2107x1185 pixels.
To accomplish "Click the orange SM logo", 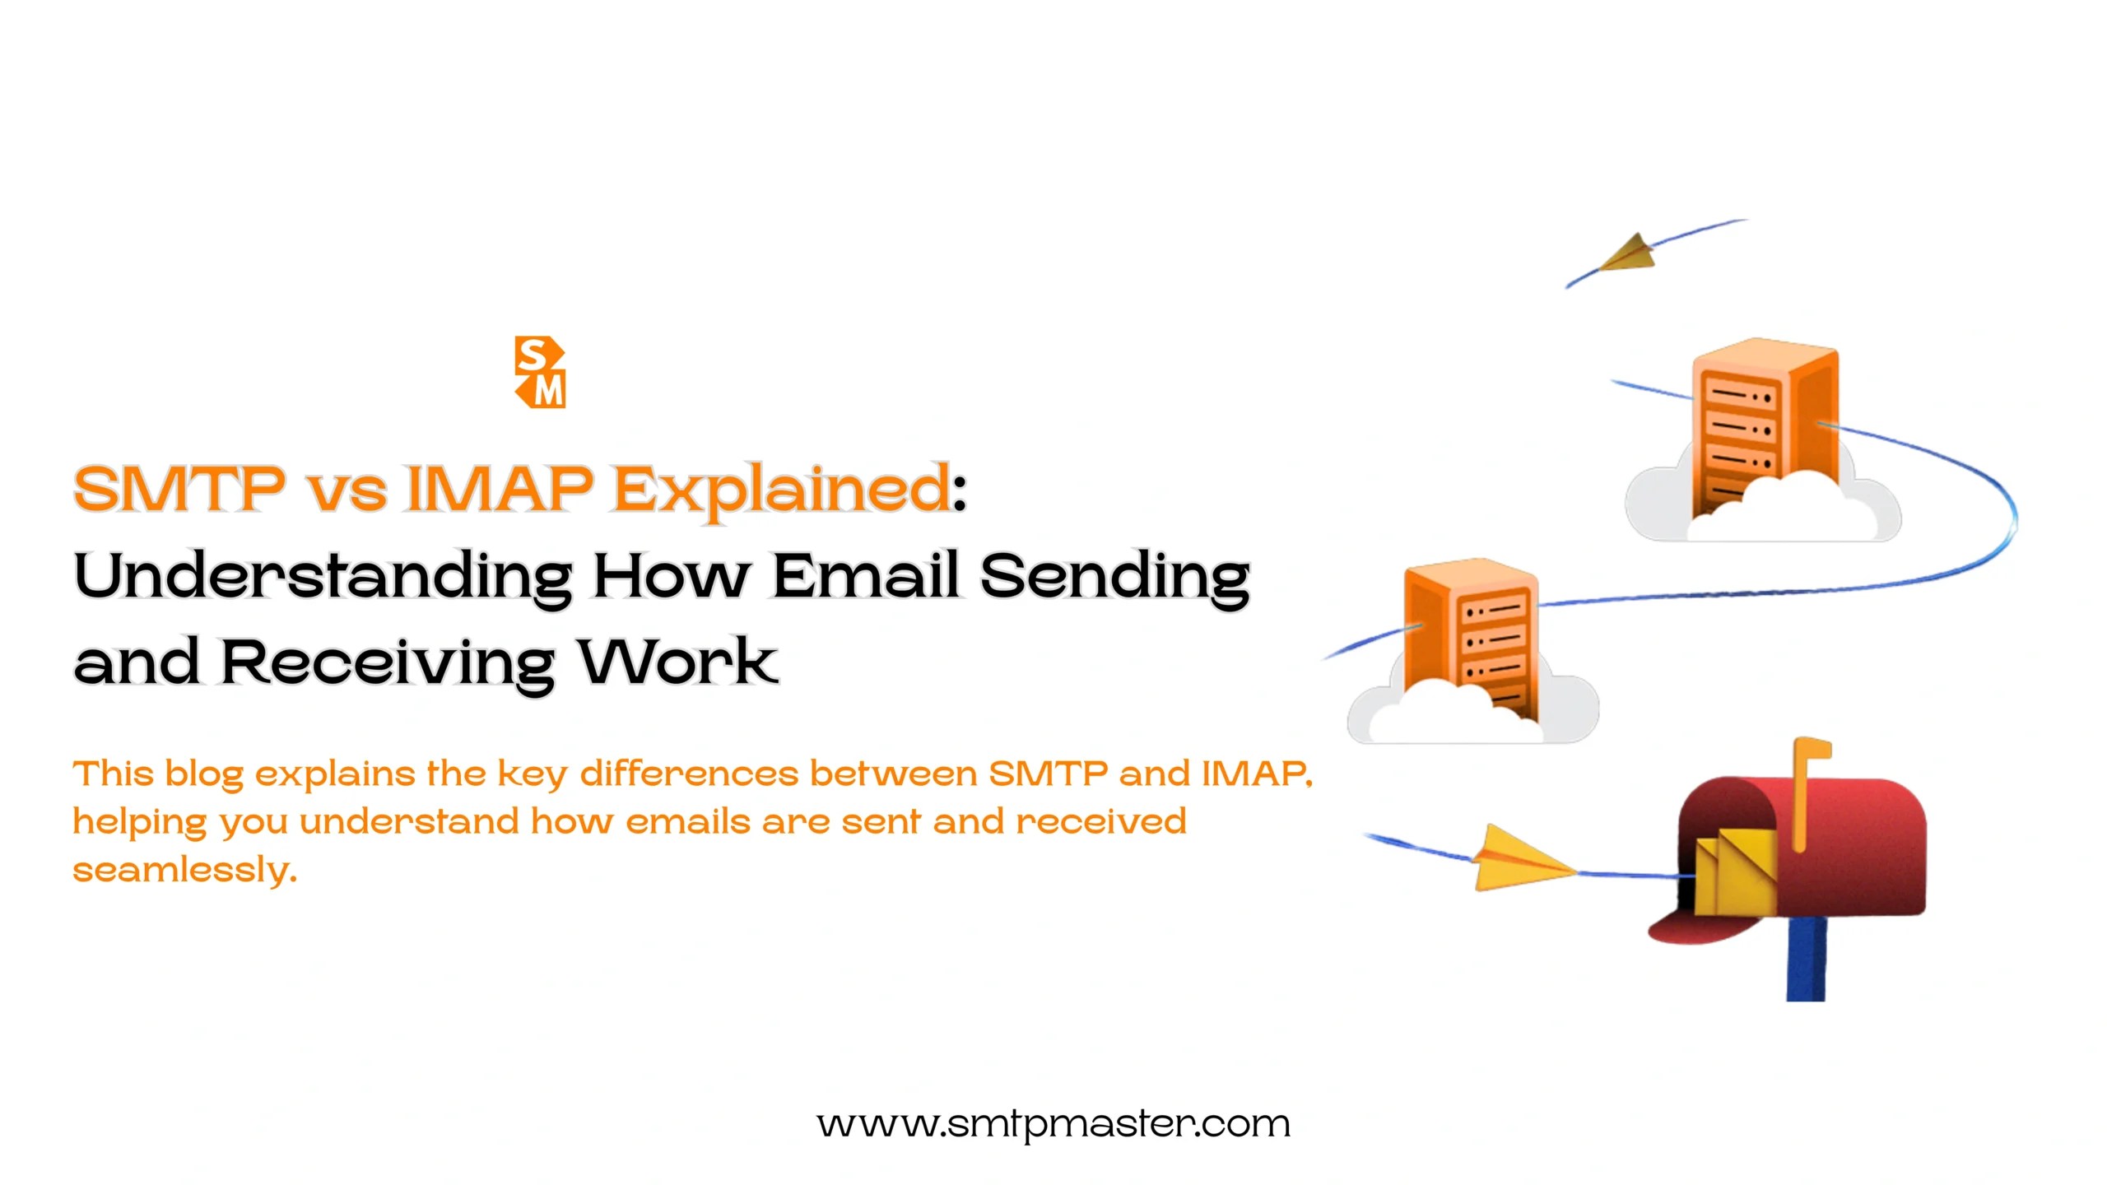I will pos(540,372).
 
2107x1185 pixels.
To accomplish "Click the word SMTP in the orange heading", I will pos(179,488).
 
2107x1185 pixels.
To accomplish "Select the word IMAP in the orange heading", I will pos(500,488).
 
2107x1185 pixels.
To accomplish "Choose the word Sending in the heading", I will pos(1115,578).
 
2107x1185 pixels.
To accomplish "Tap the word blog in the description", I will pos(204,775).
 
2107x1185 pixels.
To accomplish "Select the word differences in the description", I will pos(689,774).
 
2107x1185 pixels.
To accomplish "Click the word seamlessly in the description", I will pos(184,870).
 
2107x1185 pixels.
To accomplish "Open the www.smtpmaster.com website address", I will pos(1053,1124).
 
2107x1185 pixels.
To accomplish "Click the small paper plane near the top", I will pos(1630,253).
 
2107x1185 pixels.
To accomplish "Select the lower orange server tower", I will pos(1469,634).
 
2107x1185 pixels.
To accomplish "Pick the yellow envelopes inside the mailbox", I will pos(1733,872).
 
